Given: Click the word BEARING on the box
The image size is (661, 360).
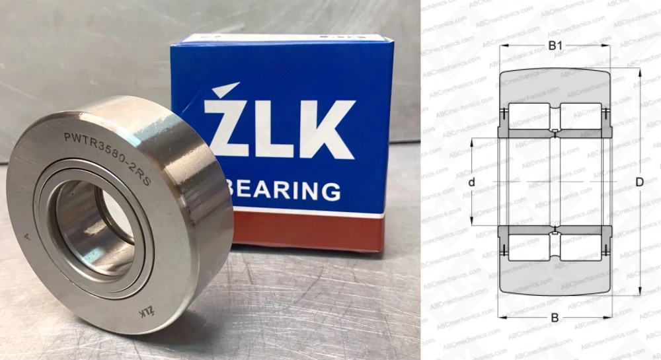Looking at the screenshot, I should coord(285,190).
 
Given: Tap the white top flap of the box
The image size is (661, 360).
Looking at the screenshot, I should coord(284,40).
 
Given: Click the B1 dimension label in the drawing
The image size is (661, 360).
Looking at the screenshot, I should coord(555,46).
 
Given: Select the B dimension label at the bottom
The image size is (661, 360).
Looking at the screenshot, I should coord(555,318).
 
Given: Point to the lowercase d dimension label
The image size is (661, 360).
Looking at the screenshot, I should coord(471,182).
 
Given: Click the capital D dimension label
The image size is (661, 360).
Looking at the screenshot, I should coord(639,182).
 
